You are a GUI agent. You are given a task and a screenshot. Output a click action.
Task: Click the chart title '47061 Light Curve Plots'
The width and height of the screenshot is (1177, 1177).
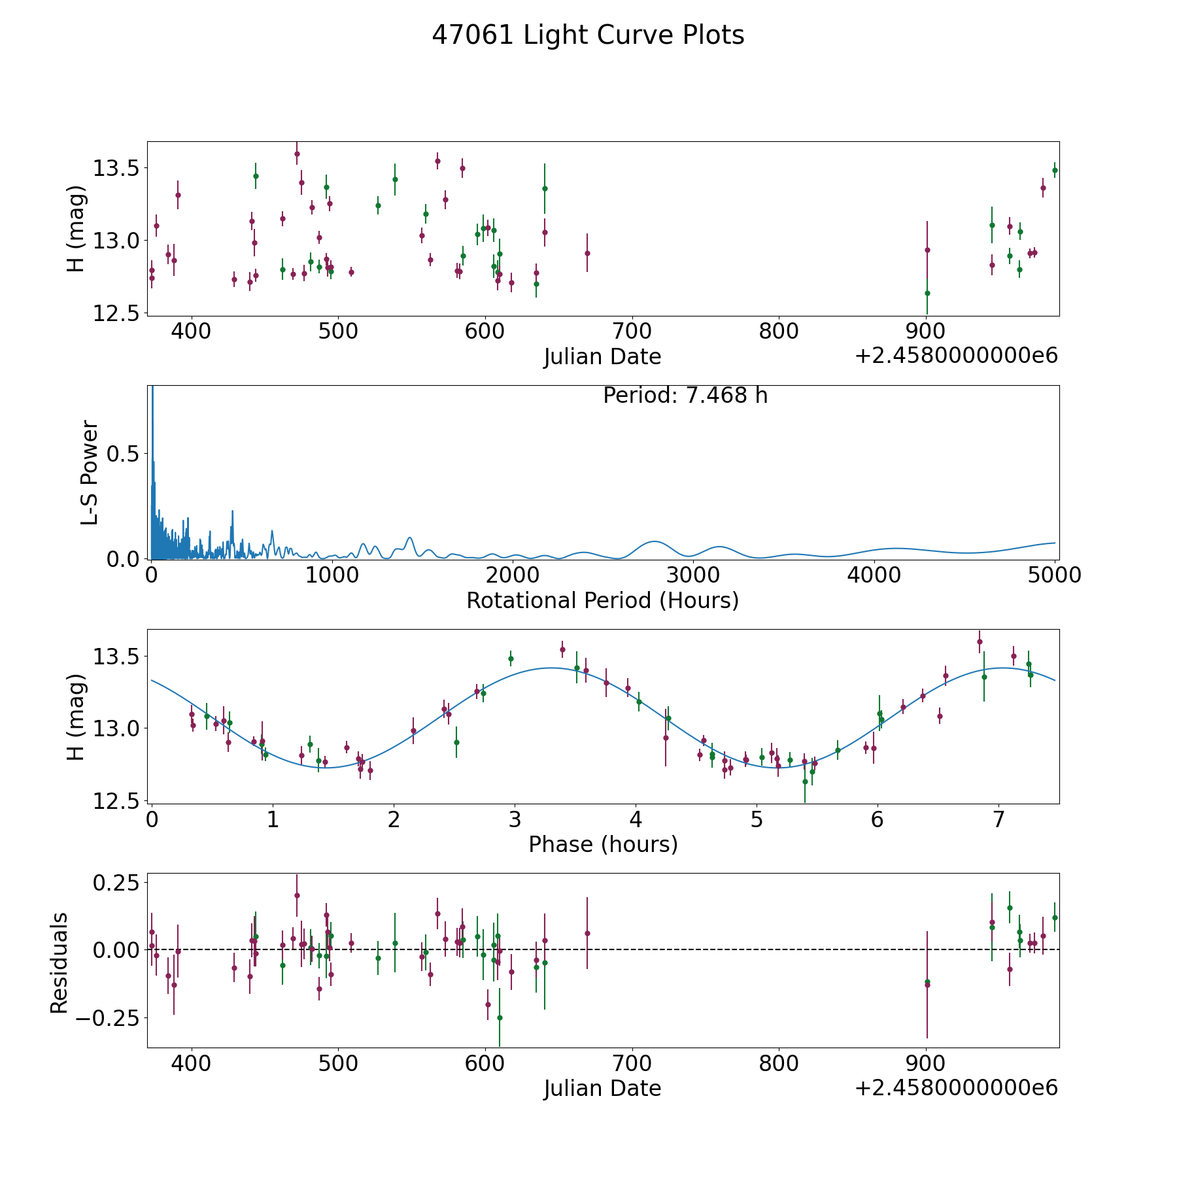(x=588, y=35)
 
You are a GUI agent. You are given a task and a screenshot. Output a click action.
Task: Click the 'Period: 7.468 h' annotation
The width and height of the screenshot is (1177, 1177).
(x=685, y=396)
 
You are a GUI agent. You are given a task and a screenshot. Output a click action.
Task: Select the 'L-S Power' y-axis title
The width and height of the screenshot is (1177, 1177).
(x=90, y=472)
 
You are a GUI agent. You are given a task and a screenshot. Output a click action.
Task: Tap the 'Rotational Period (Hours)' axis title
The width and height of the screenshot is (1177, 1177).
(x=602, y=600)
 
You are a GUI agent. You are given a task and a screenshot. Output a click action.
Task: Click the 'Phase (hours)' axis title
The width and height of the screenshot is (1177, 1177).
(x=602, y=844)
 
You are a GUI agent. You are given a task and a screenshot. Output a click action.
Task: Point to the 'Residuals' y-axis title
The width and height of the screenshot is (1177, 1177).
(x=59, y=963)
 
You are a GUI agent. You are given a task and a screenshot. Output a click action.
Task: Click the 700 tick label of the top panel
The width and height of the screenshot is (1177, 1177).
(x=632, y=331)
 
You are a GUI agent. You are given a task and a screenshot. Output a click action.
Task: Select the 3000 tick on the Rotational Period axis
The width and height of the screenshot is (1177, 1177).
(x=693, y=575)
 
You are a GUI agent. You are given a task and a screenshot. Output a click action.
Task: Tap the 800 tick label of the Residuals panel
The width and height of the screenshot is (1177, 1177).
(x=779, y=1063)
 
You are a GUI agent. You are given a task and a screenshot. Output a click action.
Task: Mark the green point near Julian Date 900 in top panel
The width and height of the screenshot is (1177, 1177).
(x=927, y=293)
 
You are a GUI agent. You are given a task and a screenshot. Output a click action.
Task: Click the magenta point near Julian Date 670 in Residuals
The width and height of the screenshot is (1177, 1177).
(x=587, y=933)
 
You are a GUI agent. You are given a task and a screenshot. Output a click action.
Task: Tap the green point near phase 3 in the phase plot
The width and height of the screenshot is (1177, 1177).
(x=511, y=658)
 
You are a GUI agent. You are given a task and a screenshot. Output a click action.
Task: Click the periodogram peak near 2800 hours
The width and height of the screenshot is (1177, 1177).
(x=654, y=541)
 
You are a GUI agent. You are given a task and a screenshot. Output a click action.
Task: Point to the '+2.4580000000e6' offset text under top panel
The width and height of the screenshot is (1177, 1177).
(x=956, y=356)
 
